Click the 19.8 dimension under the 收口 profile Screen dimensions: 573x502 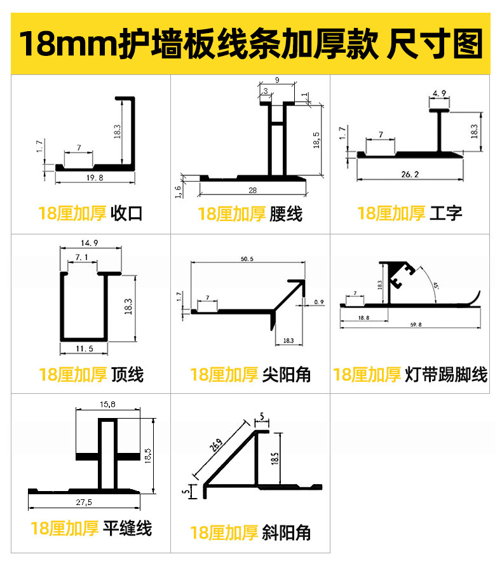[94, 178]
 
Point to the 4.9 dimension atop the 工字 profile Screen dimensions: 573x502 [439, 94]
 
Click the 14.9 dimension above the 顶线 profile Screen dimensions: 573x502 [89, 243]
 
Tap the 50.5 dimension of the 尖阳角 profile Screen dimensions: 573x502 [247, 259]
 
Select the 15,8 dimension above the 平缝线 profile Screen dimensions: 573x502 [107, 404]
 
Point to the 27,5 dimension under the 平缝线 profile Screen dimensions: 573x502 [85, 502]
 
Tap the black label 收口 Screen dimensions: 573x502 [126, 213]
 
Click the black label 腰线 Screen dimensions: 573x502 [286, 213]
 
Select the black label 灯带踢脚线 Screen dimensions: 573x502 [446, 375]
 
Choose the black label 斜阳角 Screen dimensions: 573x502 [287, 532]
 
